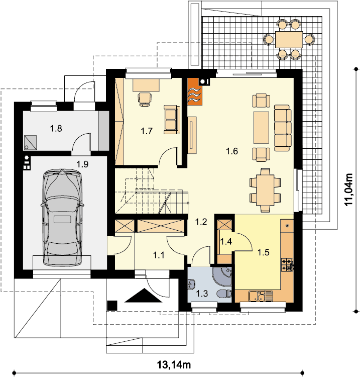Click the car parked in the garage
[62, 218]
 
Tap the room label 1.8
[56, 129]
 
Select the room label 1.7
[147, 131]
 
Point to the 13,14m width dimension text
[174, 365]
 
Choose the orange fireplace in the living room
[194, 92]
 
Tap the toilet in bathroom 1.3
[224, 294]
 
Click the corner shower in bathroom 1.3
[222, 276]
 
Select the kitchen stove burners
[287, 264]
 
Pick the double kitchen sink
[261, 296]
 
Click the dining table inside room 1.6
[265, 190]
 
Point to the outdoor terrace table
[289, 39]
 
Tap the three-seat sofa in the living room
[283, 128]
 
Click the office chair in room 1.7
[145, 99]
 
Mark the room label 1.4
[226, 242]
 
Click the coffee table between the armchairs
[261, 128]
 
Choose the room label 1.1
[159, 255]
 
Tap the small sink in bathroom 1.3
[191, 284]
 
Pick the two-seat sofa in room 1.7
[172, 120]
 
